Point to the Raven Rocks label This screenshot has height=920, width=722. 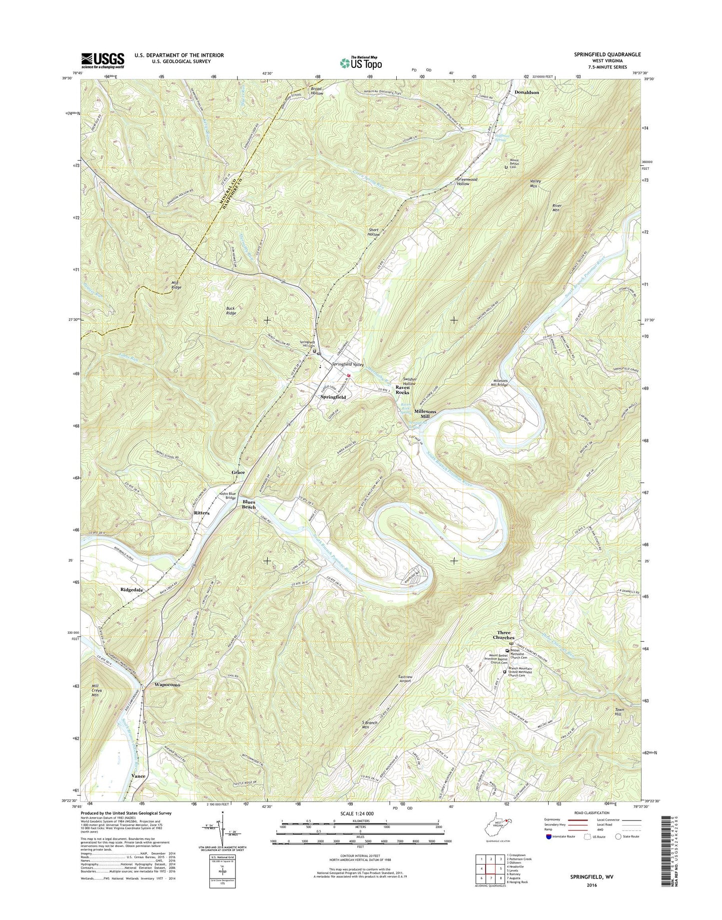[x=402, y=390]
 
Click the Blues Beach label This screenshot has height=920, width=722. [x=249, y=504]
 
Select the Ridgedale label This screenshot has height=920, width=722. [x=132, y=590]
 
